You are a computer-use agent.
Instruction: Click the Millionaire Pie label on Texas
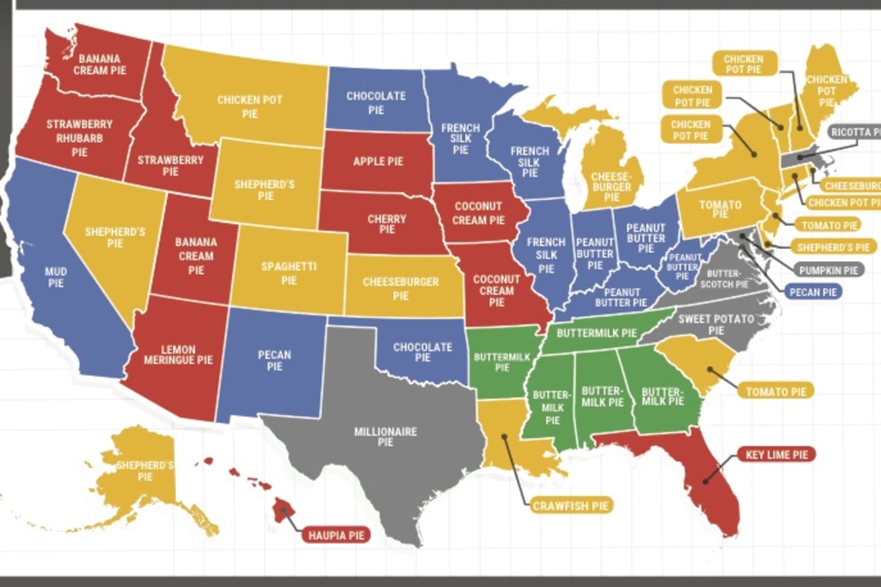coord(385,436)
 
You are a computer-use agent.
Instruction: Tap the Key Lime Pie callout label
coord(776,454)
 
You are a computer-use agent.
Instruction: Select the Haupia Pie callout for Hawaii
coord(336,535)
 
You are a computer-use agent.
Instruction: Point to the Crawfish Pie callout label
coord(570,505)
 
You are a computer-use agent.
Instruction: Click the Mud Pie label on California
coord(56,277)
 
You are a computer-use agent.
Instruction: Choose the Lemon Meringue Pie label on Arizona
coord(178,355)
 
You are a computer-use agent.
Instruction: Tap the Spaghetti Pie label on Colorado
coord(289,273)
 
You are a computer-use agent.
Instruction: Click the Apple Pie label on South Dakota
coord(378,161)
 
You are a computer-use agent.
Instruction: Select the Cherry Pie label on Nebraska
coord(386,224)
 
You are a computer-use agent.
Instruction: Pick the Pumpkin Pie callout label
coord(828,270)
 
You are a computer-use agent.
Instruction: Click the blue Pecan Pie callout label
coord(813,292)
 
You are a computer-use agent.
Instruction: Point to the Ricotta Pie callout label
coord(855,132)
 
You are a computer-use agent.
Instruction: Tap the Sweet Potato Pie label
coord(715,324)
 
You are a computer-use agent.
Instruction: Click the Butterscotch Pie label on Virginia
coord(724,279)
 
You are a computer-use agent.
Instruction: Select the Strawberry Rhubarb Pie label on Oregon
coord(79,138)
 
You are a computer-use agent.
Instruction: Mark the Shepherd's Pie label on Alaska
coord(144,471)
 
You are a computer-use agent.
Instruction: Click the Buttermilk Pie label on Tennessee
coord(596,333)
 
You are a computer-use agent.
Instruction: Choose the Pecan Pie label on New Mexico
coord(274,360)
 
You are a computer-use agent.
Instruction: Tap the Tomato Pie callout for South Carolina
coord(776,392)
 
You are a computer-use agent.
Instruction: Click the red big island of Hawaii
coord(284,508)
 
